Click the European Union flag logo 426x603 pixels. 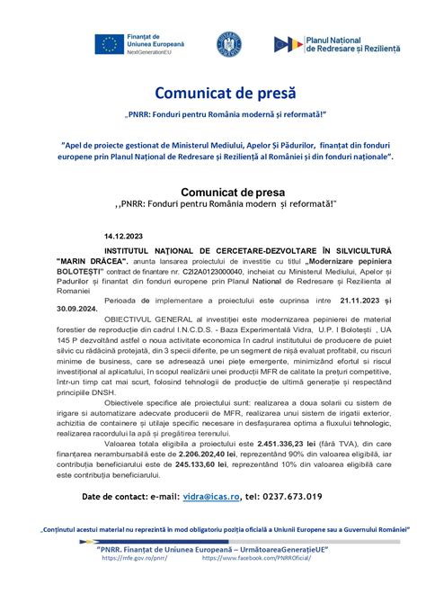click(110, 43)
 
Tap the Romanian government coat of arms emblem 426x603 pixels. click(228, 44)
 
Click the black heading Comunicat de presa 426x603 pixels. click(232, 192)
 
